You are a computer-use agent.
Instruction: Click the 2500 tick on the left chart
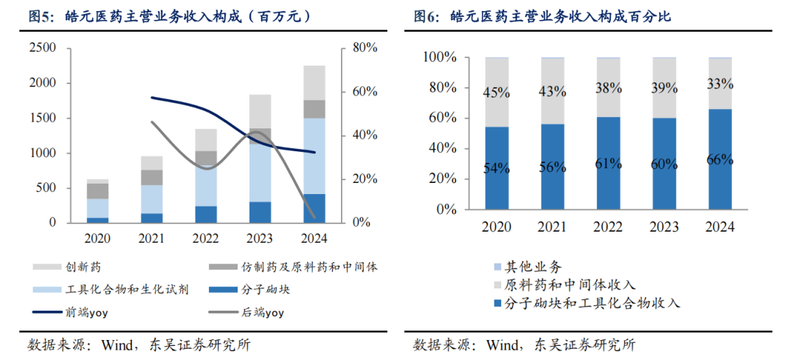point(43,48)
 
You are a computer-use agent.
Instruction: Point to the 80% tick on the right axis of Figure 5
point(365,48)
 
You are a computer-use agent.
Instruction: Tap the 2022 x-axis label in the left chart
point(207,238)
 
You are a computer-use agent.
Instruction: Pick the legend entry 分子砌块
point(265,289)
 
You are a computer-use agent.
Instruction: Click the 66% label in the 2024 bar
point(720,159)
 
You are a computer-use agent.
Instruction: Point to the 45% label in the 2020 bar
point(497,92)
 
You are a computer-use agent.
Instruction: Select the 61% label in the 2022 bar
point(608,163)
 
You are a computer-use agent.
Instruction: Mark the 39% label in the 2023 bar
point(664,88)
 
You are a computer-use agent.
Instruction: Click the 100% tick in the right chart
point(441,58)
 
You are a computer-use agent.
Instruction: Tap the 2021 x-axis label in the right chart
point(552,227)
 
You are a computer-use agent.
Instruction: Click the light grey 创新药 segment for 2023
point(260,111)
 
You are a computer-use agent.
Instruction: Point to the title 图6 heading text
point(542,15)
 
